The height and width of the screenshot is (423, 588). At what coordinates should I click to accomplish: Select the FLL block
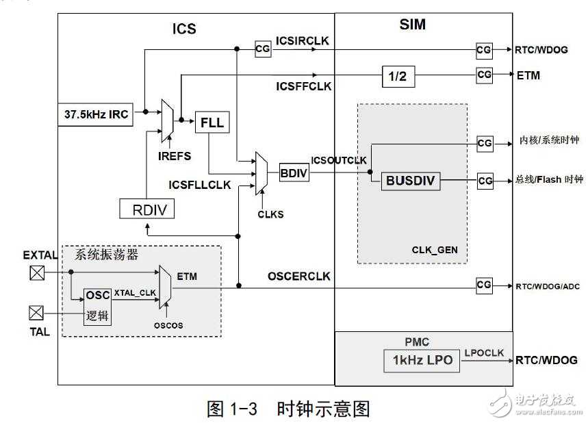coord(212,123)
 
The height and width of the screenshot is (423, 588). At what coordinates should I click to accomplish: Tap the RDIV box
coord(146,209)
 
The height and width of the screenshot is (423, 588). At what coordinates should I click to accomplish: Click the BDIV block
coord(294,173)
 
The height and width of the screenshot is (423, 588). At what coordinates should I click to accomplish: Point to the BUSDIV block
coord(410,181)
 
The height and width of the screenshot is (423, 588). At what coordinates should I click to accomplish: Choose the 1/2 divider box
coord(398,77)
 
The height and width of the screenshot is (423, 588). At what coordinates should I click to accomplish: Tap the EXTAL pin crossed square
coord(36,272)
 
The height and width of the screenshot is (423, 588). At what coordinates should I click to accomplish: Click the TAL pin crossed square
coord(36,313)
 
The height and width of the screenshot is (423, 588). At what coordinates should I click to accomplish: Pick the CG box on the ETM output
coord(485,75)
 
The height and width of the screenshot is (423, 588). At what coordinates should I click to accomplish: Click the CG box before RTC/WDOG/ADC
coord(485,285)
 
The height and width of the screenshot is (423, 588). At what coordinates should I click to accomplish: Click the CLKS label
coord(270,214)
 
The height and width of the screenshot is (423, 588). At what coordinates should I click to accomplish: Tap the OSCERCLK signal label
coord(298,277)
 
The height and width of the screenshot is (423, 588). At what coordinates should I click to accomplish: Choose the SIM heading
coord(412,25)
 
